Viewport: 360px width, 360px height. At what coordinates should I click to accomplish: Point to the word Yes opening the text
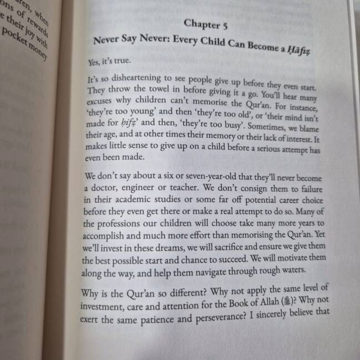94,62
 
